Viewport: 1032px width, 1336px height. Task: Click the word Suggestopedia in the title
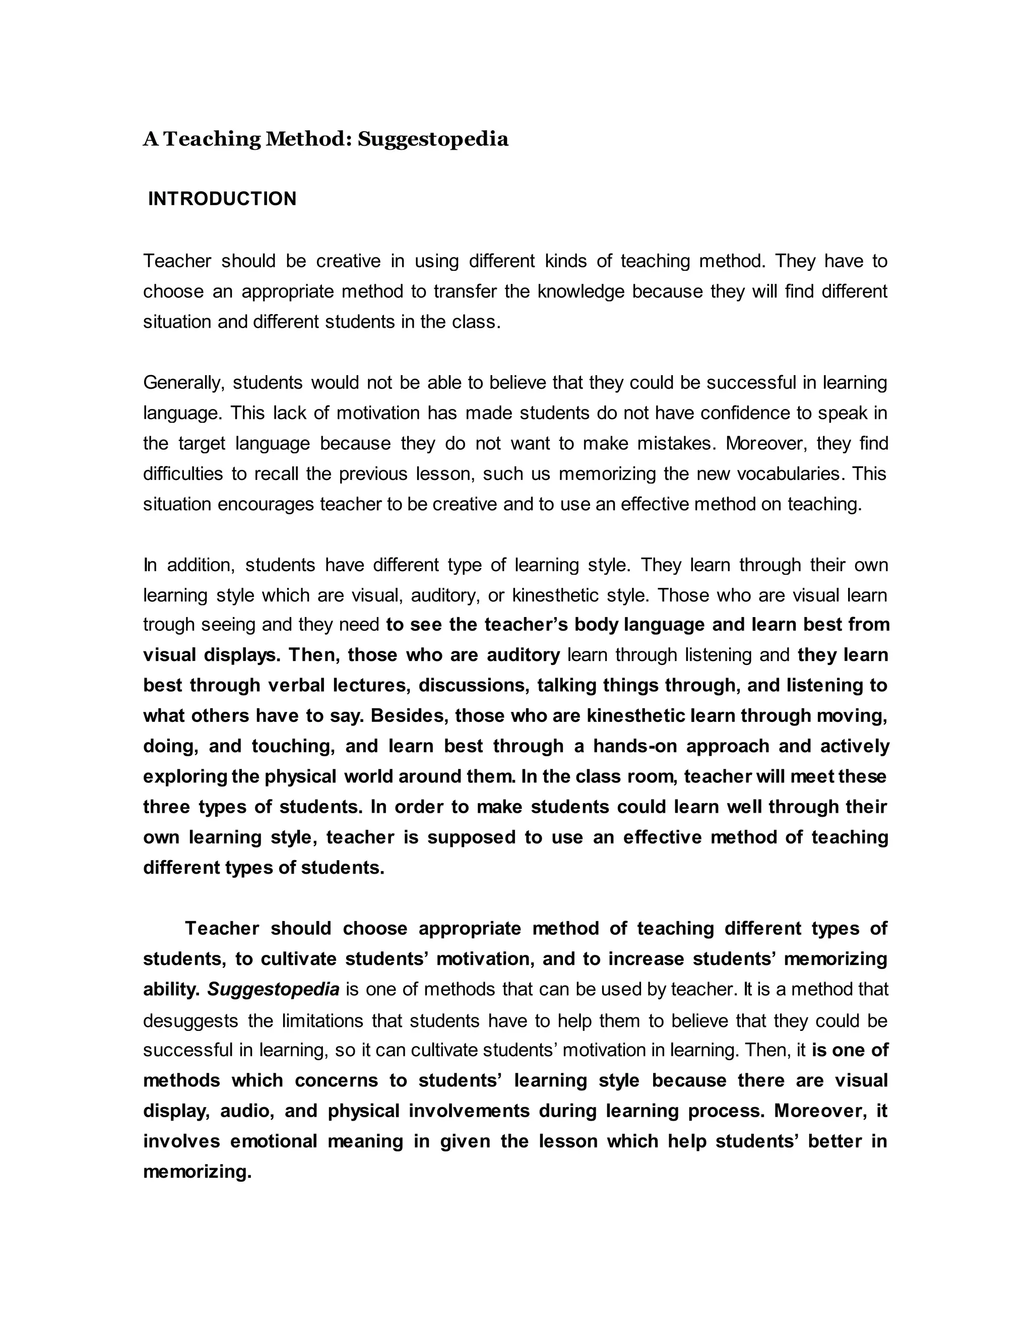point(433,140)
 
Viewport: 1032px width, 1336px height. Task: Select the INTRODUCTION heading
point(222,199)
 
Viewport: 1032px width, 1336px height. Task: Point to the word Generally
point(184,383)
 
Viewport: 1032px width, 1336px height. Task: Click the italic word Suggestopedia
point(273,989)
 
